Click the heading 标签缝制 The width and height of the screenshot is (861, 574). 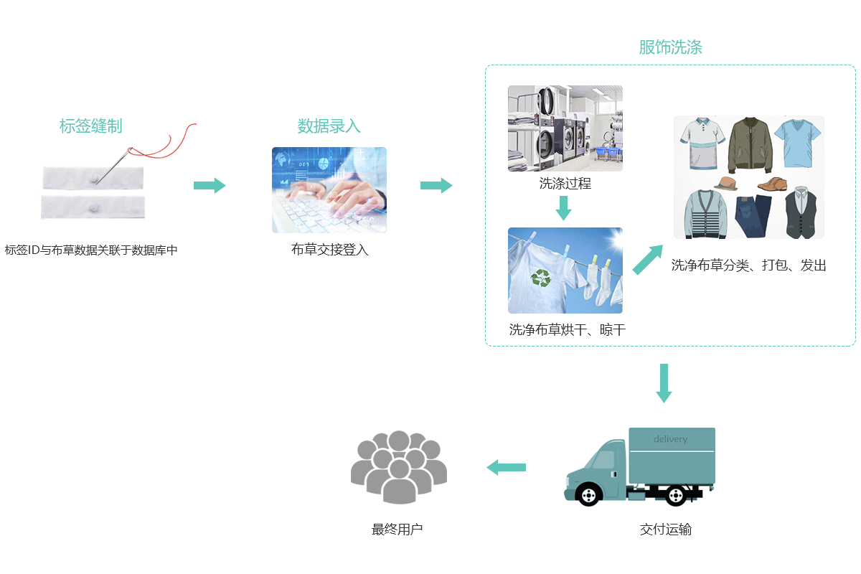point(90,127)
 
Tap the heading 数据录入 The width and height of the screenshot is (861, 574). point(329,127)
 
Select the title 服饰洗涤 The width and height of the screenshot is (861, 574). point(670,48)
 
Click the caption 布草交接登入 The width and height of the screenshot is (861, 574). point(329,250)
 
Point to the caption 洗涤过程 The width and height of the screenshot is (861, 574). point(565,184)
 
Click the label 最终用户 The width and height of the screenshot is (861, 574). point(397,530)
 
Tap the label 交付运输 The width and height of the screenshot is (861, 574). point(665,530)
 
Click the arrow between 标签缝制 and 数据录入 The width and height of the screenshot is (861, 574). point(210,186)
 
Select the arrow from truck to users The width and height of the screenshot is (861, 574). point(506,468)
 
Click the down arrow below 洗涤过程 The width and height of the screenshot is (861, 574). point(564,207)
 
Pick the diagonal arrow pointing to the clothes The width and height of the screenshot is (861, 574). point(648,259)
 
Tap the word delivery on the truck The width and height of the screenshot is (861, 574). point(670,439)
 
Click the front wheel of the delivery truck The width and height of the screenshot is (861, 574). point(588,494)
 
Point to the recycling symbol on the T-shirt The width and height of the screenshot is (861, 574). point(541,277)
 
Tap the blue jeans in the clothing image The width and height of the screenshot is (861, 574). point(753,215)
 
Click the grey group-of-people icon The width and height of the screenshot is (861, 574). point(398,466)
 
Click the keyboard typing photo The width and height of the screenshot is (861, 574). point(329,190)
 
